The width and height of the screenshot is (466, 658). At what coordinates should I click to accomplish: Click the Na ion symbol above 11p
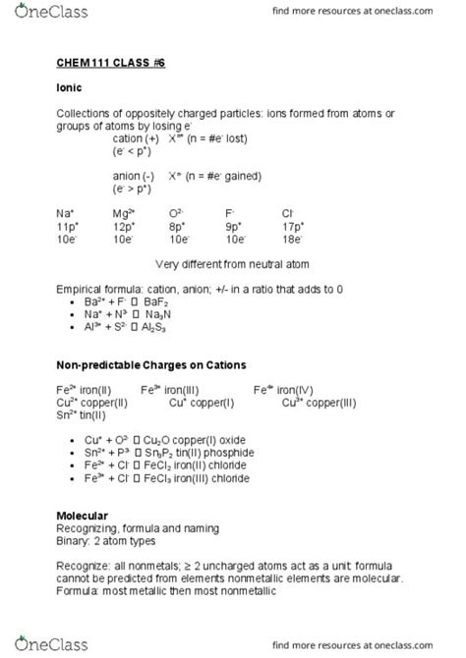point(66,212)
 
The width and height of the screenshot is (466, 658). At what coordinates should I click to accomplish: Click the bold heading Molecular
point(82,516)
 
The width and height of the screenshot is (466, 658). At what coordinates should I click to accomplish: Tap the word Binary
point(74,540)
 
